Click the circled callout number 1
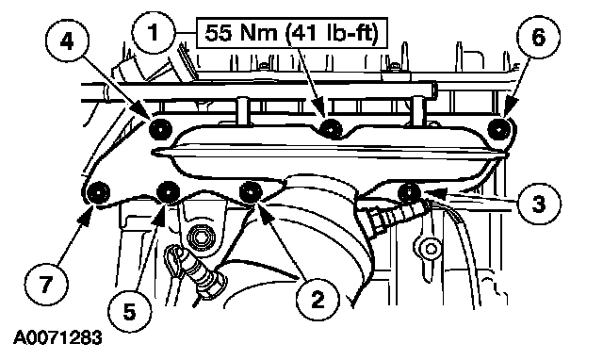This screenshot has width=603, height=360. point(154,33)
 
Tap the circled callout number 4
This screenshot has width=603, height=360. point(67,40)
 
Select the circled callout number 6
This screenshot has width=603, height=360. point(538,38)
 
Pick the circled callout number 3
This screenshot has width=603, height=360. point(539,203)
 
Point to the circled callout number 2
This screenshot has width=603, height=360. point(318,300)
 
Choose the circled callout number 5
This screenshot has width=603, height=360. point(130,311)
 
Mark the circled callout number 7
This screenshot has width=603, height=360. point(46,285)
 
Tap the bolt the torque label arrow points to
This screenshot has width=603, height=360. point(332,128)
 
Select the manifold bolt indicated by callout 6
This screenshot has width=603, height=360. point(499,129)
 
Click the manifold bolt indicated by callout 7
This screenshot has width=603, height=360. point(98,191)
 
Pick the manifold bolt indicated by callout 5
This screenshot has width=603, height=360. point(169,191)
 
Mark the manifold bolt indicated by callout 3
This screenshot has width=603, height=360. point(410,191)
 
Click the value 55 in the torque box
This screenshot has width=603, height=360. point(218,33)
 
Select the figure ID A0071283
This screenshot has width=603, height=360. point(58,337)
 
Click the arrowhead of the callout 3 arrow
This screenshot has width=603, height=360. point(432,192)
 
